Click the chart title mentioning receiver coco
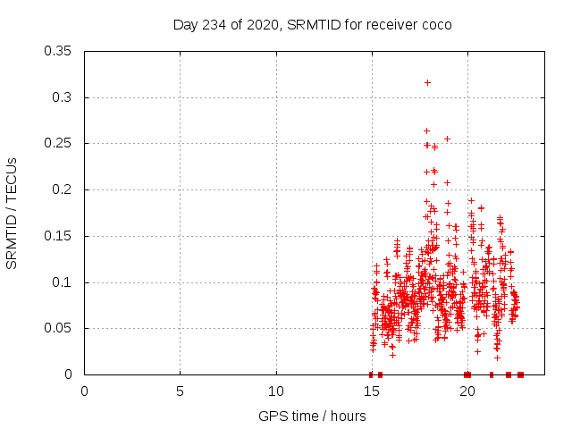312,24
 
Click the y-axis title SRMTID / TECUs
12,213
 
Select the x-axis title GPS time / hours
312,416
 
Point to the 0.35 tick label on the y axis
59,51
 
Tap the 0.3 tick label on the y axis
63,97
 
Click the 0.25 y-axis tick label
59,144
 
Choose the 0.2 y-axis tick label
63,189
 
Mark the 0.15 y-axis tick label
59,236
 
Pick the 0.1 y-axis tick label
63,282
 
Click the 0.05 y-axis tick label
59,329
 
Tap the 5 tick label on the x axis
181,391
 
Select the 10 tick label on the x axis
276,391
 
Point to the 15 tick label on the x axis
372,391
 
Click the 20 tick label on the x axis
467,391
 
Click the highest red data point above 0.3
427,82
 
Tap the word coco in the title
436,24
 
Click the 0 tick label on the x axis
85,391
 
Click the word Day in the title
185,24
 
